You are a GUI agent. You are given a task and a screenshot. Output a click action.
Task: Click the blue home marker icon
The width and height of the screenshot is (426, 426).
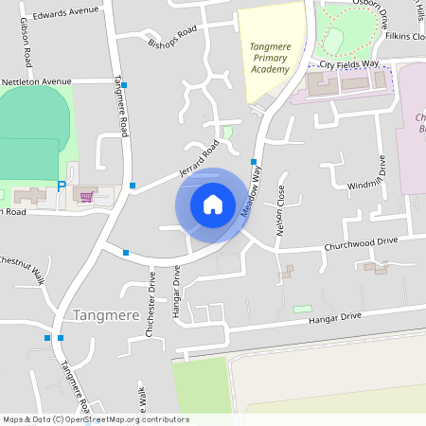213,204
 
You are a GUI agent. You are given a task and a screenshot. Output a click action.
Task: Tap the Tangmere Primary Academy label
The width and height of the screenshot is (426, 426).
270,58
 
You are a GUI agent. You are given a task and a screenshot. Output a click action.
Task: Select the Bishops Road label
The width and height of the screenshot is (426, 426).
171,36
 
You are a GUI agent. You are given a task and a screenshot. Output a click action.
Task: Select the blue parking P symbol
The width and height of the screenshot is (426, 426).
62,186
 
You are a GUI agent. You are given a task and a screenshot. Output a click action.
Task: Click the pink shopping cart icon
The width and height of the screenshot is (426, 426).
87,197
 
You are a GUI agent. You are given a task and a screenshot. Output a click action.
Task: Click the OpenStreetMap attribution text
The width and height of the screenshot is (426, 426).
95,419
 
